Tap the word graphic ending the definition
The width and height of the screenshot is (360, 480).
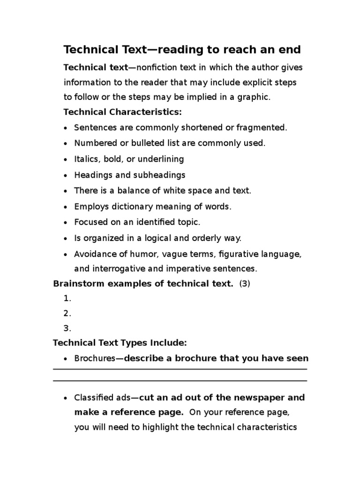[x=256, y=97]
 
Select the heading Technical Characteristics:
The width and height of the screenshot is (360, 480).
[x=122, y=112]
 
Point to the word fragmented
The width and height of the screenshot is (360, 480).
[x=263, y=127]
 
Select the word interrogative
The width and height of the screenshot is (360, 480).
[x=117, y=269]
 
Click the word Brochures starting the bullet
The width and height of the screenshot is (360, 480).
[x=95, y=359]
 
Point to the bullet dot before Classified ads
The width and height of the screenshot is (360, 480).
[x=65, y=398]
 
